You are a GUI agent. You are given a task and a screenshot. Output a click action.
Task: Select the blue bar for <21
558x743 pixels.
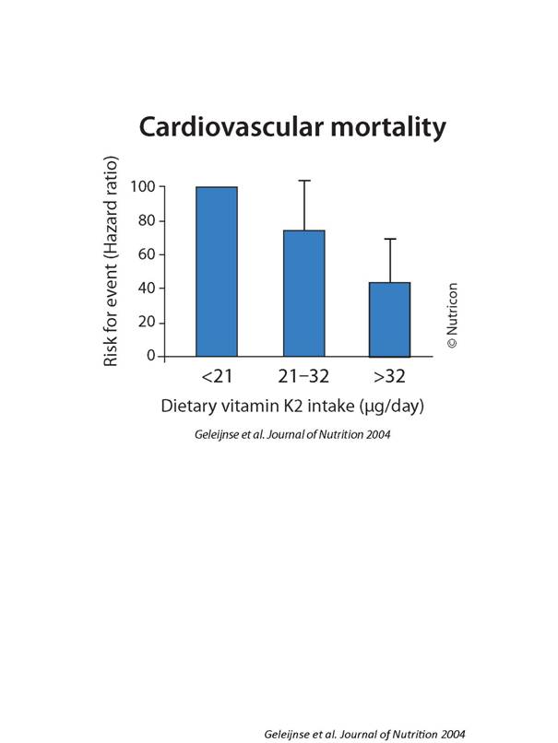pyautogui.click(x=217, y=271)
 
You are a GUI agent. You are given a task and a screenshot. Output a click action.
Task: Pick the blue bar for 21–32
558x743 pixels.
pyautogui.click(x=303, y=292)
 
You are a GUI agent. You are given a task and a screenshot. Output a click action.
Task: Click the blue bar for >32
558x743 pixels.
pyautogui.click(x=389, y=319)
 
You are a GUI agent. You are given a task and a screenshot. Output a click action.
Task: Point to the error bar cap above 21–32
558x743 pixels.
pyautogui.click(x=303, y=181)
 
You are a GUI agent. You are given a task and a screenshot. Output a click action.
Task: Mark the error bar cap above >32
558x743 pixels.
pyautogui.click(x=389, y=240)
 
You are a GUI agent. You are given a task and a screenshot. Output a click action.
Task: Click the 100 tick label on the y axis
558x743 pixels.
pyautogui.click(x=142, y=187)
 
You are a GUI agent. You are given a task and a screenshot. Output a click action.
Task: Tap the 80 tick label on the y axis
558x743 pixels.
pyautogui.click(x=147, y=221)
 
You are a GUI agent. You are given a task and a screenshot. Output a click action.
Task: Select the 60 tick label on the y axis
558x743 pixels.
pyautogui.click(x=147, y=254)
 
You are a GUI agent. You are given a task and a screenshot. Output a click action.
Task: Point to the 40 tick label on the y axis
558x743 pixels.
pyautogui.click(x=147, y=289)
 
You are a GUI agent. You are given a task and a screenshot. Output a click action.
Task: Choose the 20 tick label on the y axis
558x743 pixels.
pyautogui.click(x=147, y=323)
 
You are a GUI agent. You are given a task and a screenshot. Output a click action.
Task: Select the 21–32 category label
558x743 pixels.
pyautogui.click(x=303, y=376)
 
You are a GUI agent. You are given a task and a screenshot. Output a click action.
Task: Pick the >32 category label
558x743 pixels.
pyautogui.click(x=389, y=376)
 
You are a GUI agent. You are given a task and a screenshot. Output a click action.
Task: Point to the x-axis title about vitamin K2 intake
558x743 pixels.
pyautogui.click(x=292, y=407)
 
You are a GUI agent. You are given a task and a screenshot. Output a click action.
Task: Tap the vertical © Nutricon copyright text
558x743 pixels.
pyautogui.click(x=452, y=314)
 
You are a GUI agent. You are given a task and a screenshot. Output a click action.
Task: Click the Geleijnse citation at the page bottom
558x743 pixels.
pyautogui.click(x=364, y=734)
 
